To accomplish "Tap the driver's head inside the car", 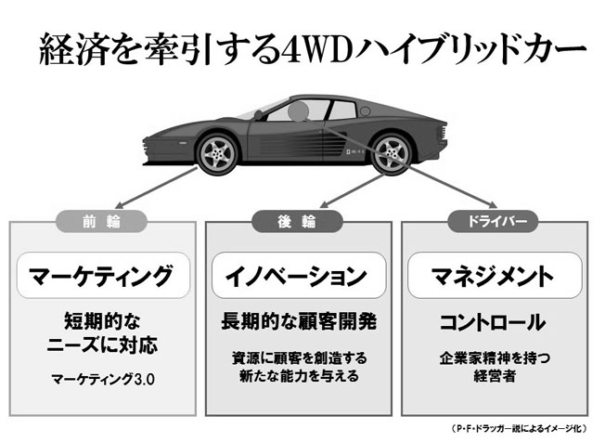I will pos(299,114).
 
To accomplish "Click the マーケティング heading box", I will pos(100,275).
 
